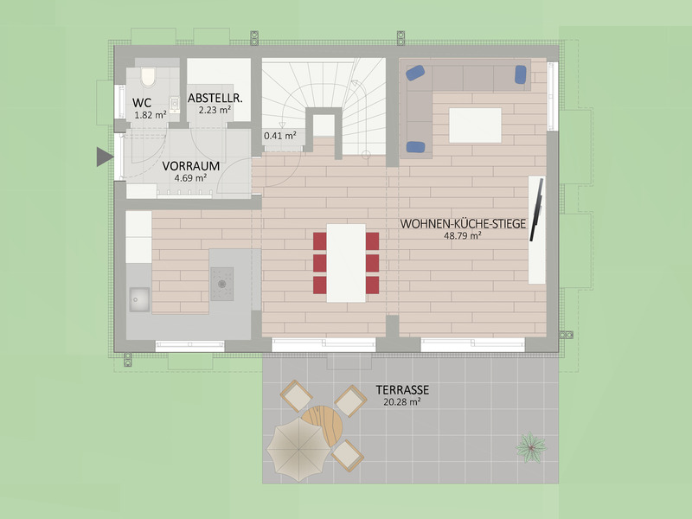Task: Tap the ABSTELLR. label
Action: point(215,99)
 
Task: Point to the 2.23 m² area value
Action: point(215,111)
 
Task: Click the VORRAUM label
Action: point(190,165)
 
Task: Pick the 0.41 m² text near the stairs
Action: point(279,136)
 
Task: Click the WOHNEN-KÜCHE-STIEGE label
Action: point(463,223)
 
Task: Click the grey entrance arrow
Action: point(104,157)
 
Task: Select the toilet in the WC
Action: point(147,78)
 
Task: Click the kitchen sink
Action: point(138,299)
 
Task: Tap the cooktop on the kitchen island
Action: point(223,281)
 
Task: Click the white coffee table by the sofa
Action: point(475,125)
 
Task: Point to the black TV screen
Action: point(538,209)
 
